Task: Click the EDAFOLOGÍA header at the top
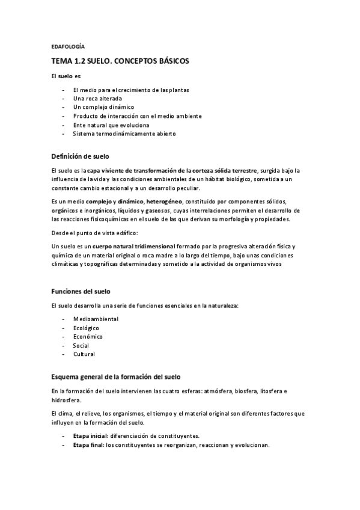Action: (68, 46)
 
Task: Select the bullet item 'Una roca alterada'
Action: (97, 98)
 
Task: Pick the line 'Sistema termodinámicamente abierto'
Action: (124, 134)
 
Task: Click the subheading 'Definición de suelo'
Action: (80, 156)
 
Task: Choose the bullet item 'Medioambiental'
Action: (96, 319)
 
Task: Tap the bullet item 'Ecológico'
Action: (86, 328)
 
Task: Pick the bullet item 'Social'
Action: (81, 346)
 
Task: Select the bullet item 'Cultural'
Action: (84, 354)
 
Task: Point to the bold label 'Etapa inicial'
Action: (91, 435)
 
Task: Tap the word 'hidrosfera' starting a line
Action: (66, 400)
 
